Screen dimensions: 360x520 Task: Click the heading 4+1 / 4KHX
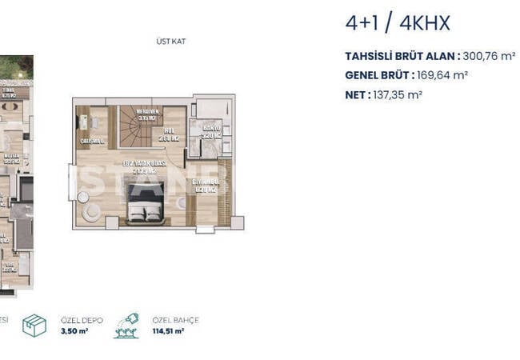point(397,23)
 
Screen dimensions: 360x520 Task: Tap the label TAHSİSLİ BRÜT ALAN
point(401,56)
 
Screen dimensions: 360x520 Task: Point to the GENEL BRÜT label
point(378,75)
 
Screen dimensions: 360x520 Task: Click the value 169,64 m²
point(442,75)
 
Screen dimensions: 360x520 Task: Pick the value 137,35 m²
point(398,94)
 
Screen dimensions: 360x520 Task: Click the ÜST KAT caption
point(172,41)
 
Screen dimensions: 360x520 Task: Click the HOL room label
point(169,134)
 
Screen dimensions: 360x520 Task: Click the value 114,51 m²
point(169,330)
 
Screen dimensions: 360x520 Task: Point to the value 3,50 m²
point(74,330)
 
